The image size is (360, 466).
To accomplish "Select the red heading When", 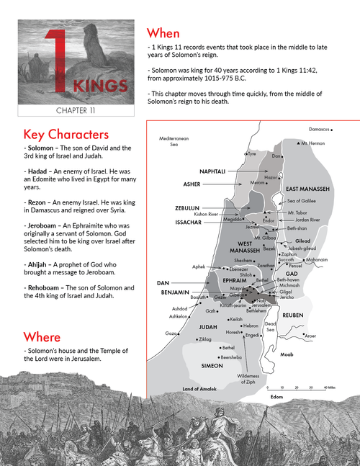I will (163, 33).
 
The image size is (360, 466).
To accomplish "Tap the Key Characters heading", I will (66, 134).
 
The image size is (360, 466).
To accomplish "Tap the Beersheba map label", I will (232, 357).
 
